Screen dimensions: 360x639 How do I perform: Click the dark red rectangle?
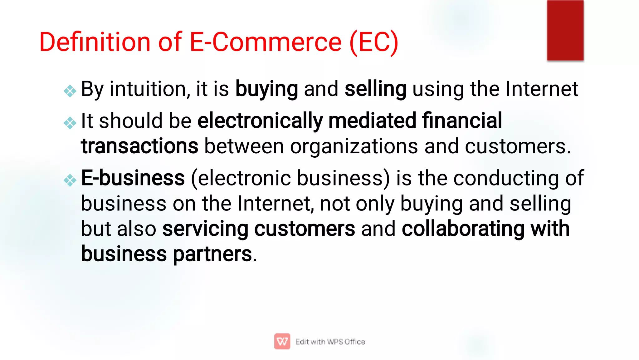pos(565,30)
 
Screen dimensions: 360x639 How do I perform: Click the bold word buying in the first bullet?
pos(266,89)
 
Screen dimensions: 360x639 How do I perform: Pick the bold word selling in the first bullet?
pos(375,89)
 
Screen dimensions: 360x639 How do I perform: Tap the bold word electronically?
pos(260,121)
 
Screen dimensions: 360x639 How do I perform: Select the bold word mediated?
pos(372,121)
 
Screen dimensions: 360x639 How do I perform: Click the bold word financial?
pos(462,121)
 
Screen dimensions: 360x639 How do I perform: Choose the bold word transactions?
pos(139,146)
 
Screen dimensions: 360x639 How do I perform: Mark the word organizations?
pos(354,147)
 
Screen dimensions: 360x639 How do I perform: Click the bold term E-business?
pos(133,178)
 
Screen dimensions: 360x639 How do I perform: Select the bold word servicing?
pos(205,229)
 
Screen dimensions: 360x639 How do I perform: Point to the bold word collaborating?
pos(463,229)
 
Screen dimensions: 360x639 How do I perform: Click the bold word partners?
pos(212,254)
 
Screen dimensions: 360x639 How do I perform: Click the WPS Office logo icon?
pos(282,341)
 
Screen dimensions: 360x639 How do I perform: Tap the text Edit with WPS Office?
pos(330,342)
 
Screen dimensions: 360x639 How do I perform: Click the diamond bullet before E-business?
pos(70,180)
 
